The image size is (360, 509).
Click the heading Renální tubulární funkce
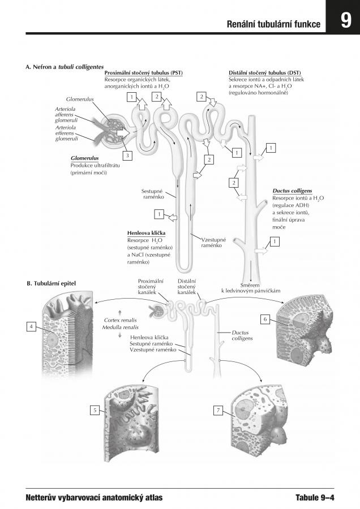(273, 24)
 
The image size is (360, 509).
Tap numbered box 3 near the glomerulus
(127, 155)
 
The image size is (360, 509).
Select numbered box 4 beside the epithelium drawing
(31, 326)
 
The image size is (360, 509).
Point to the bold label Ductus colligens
(292, 191)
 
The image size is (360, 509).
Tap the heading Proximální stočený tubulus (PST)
(144, 73)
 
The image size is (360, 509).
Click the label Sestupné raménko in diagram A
(153, 194)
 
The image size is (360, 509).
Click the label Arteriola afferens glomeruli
(66, 114)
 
